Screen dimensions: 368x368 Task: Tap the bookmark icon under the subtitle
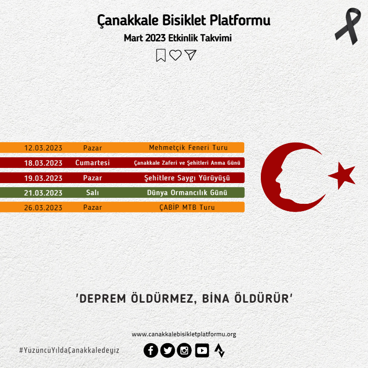pos(161,55)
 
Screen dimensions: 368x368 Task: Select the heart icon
pos(176,55)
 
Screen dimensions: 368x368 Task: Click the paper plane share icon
pos(190,55)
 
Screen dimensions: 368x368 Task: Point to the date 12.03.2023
pos(43,148)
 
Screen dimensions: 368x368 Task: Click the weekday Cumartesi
pos(92,163)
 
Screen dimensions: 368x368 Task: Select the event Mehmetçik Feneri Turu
pos(189,147)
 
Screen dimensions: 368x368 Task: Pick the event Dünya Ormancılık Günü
pos(187,192)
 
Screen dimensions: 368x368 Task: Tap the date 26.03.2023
pos(43,207)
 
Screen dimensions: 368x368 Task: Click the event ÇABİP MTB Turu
pos(187,207)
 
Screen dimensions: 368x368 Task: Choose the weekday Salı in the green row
pos(92,192)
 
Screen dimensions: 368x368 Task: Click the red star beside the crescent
pos(342,175)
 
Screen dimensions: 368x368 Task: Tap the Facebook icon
pos(151,351)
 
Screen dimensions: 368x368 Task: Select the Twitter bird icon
pos(167,351)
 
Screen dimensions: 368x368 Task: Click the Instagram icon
pos(184,351)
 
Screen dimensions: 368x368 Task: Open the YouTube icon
pos(202,351)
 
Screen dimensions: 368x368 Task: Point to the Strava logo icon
pos(219,351)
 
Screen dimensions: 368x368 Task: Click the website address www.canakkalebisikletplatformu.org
pos(184,334)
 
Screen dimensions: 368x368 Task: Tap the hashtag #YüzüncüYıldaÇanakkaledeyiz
pos(69,350)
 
